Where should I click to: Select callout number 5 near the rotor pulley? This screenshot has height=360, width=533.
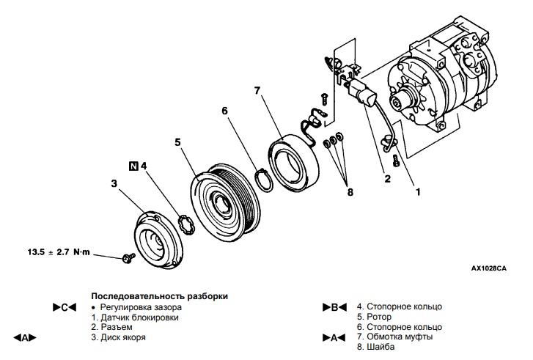177,141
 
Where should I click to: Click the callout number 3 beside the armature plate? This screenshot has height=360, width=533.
114,182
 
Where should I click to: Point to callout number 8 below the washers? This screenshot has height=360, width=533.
350,192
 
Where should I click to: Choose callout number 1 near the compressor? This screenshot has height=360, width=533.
418,192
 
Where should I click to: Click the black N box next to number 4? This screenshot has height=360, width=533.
133,165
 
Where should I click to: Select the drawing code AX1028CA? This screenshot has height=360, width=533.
488,268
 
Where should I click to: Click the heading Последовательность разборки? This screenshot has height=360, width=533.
159,295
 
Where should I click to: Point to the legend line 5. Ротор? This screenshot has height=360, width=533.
376,317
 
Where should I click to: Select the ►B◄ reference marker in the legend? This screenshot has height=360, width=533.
334,307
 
